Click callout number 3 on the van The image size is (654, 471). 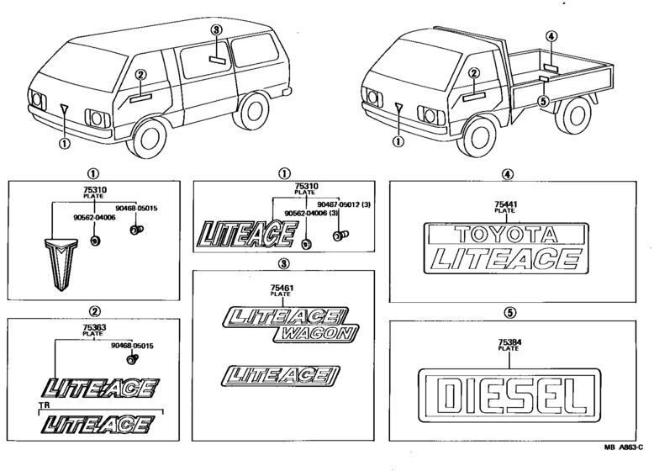pyautogui.click(x=216, y=30)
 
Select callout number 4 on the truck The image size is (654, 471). pyautogui.click(x=551, y=37)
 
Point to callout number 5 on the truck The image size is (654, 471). pyautogui.click(x=542, y=102)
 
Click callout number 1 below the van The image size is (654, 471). pyautogui.click(x=64, y=144)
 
